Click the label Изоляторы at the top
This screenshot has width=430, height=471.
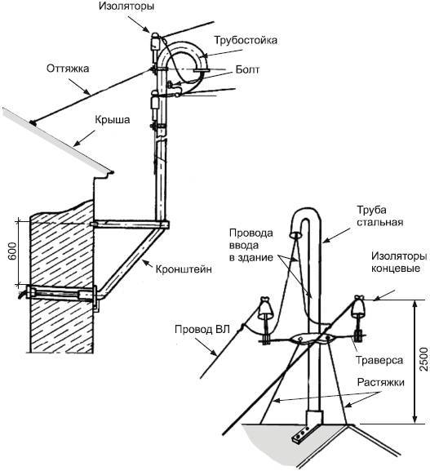pyautogui.click(x=126, y=7)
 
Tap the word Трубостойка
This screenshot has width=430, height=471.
pyautogui.click(x=246, y=40)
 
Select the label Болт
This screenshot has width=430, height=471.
pyautogui.click(x=247, y=69)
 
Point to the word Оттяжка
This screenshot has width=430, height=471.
pyautogui.click(x=68, y=69)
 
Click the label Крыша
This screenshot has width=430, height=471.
pyautogui.click(x=113, y=120)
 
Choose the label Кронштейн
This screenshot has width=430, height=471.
pyautogui.click(x=184, y=269)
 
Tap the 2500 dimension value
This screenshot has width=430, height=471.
pyautogui.click(x=423, y=359)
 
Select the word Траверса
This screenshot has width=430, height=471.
pyautogui.click(x=379, y=360)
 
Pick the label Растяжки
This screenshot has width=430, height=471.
pyautogui.click(x=381, y=382)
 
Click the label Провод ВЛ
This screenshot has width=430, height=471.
pyautogui.click(x=202, y=329)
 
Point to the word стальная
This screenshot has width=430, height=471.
pyautogui.click(x=379, y=222)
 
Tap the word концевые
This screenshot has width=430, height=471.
pyautogui.click(x=396, y=268)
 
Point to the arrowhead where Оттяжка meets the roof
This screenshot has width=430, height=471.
pyautogui.click(x=33, y=122)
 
